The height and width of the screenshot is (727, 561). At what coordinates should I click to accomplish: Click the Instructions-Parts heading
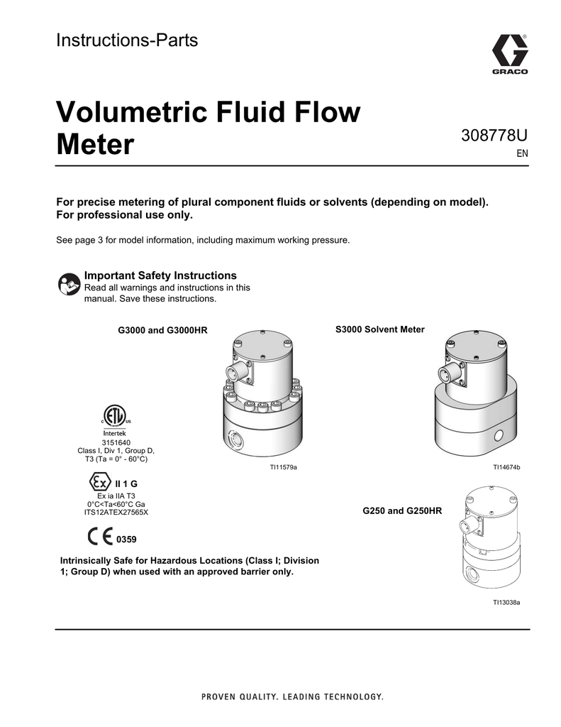tap(127, 40)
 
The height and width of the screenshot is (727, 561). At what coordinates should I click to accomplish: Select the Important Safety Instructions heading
tap(160, 275)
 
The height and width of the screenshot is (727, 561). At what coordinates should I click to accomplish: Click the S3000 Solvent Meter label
tap(379, 329)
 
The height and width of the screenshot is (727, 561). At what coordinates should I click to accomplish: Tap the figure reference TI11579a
tap(282, 467)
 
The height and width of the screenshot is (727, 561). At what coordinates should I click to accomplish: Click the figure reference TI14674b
tap(507, 467)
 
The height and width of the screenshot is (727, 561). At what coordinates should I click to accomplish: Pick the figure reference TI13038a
tap(507, 602)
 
